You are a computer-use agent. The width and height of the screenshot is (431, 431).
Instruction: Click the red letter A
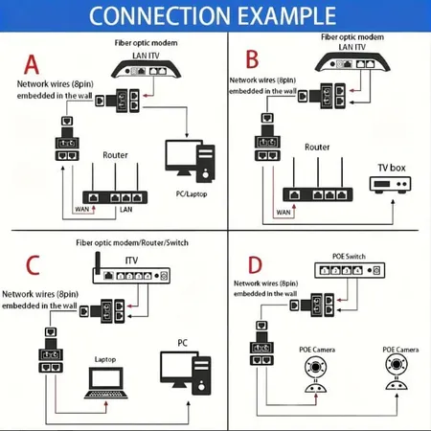click(x=31, y=64)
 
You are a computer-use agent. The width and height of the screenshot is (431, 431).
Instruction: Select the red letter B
click(x=253, y=60)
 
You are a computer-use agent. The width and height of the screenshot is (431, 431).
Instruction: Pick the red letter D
click(x=254, y=264)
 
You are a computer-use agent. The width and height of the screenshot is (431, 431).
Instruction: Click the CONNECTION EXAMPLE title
click(x=215, y=16)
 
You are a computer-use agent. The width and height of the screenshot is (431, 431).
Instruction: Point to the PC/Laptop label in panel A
click(x=191, y=194)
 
